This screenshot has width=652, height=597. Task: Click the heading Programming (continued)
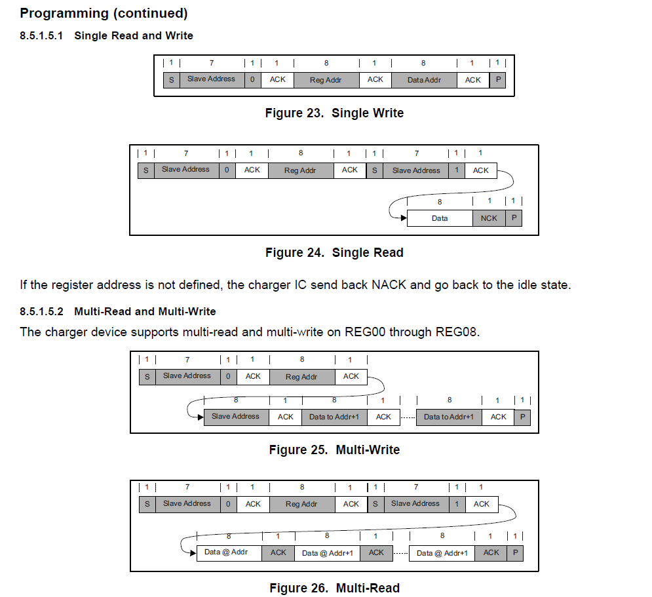point(104,13)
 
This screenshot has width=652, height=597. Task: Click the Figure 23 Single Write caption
point(334,113)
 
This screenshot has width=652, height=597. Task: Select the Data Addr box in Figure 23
point(424,80)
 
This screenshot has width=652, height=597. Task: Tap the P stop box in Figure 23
point(497,80)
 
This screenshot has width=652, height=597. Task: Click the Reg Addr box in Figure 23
point(326,80)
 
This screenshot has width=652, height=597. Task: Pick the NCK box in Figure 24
point(489,218)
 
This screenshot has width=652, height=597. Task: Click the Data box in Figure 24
point(440,218)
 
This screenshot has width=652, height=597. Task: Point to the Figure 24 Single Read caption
point(334,252)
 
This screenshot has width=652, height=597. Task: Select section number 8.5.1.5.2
point(45,311)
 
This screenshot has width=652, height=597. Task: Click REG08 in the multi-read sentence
point(457,332)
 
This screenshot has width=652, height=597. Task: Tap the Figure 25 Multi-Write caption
point(334,450)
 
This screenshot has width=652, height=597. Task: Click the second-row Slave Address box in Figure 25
point(235,417)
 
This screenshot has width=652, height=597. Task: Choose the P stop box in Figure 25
point(522,417)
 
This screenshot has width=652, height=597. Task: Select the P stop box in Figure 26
point(515,553)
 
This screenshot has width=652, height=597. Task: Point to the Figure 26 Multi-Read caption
point(334,588)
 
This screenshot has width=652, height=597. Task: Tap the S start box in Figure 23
point(171,80)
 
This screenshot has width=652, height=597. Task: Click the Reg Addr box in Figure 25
point(301,377)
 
